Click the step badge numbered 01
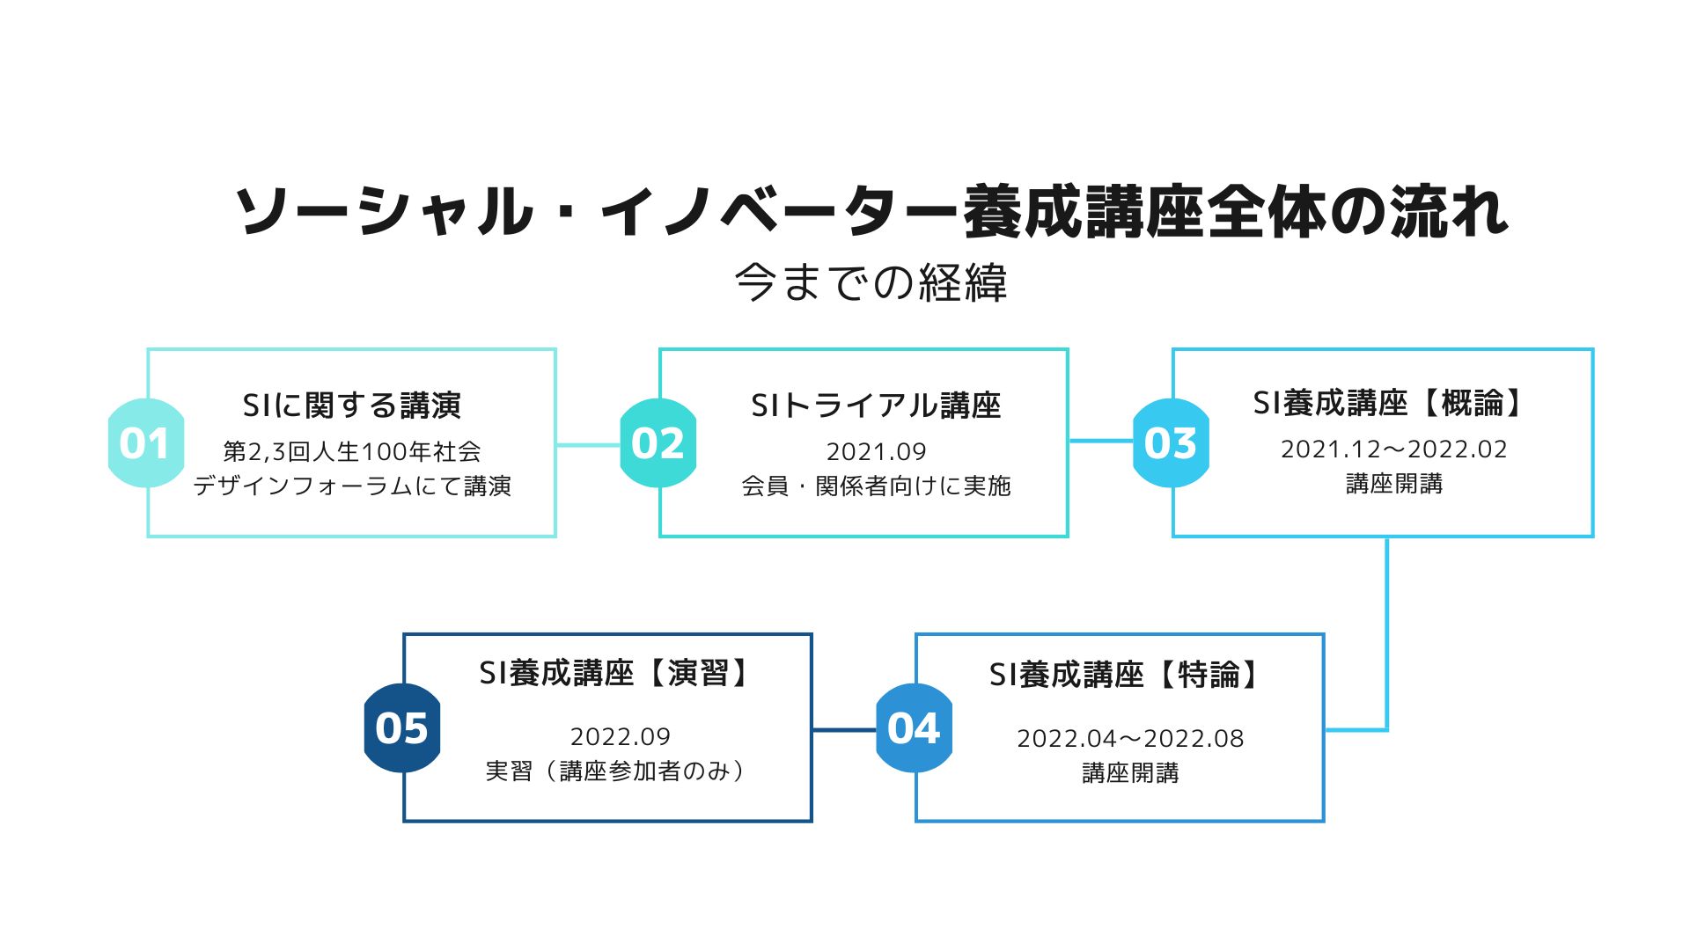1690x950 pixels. [145, 442]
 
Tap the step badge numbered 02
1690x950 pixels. [658, 442]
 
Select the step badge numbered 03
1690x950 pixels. [1171, 442]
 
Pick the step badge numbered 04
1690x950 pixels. [915, 727]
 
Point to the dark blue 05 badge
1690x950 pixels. [402, 727]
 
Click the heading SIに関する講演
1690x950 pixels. [352, 406]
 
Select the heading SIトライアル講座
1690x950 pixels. [876, 406]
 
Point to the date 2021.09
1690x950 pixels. [876, 451]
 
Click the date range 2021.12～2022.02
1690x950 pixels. [1394, 449]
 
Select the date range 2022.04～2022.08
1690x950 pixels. [1131, 739]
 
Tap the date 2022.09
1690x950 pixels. [621, 736]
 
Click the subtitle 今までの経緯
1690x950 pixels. [871, 282]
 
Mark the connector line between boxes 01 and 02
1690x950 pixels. [588, 445]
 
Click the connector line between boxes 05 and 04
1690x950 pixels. [844, 729]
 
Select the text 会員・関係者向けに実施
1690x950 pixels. [876, 486]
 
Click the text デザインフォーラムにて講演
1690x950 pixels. [352, 486]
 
